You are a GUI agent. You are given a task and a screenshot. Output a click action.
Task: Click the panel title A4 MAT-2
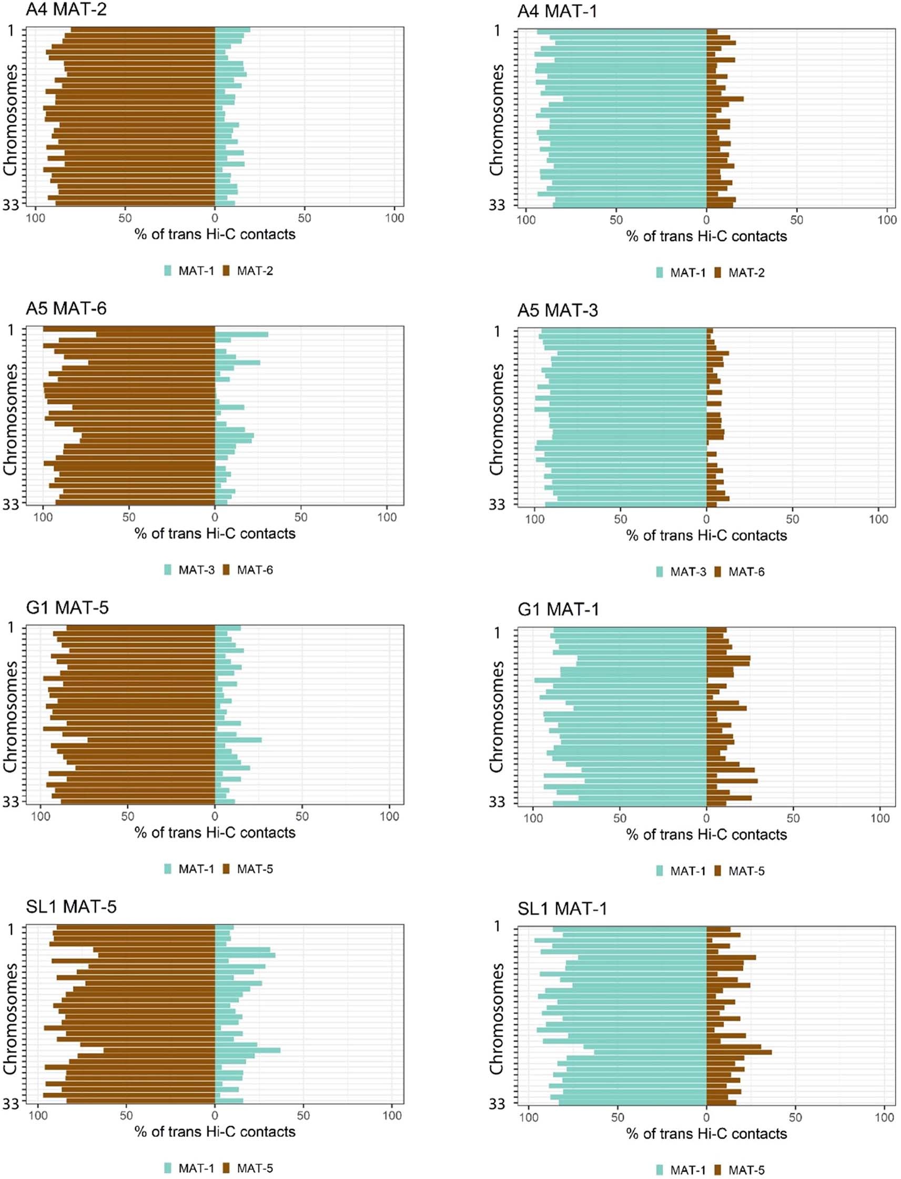click(x=66, y=9)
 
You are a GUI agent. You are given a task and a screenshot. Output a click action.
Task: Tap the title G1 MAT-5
click(x=67, y=608)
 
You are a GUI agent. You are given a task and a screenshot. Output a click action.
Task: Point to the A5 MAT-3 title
click(x=557, y=310)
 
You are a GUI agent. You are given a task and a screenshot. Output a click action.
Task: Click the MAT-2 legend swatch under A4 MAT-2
click(x=226, y=271)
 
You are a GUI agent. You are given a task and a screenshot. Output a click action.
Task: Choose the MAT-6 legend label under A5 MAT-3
click(x=746, y=572)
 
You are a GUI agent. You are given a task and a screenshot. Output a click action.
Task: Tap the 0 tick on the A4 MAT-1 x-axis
click(x=706, y=220)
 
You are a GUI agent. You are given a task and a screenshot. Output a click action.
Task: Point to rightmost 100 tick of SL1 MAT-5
click(x=392, y=1116)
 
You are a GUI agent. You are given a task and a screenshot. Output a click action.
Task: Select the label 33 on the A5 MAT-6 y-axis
click(x=10, y=504)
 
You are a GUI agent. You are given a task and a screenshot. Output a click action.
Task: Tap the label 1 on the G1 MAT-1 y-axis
click(x=497, y=633)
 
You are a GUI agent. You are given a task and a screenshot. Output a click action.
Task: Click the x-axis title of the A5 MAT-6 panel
click(x=215, y=533)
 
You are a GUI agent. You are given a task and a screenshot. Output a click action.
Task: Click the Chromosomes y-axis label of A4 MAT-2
click(x=9, y=120)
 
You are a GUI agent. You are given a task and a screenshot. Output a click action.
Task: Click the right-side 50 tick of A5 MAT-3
click(x=792, y=519)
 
